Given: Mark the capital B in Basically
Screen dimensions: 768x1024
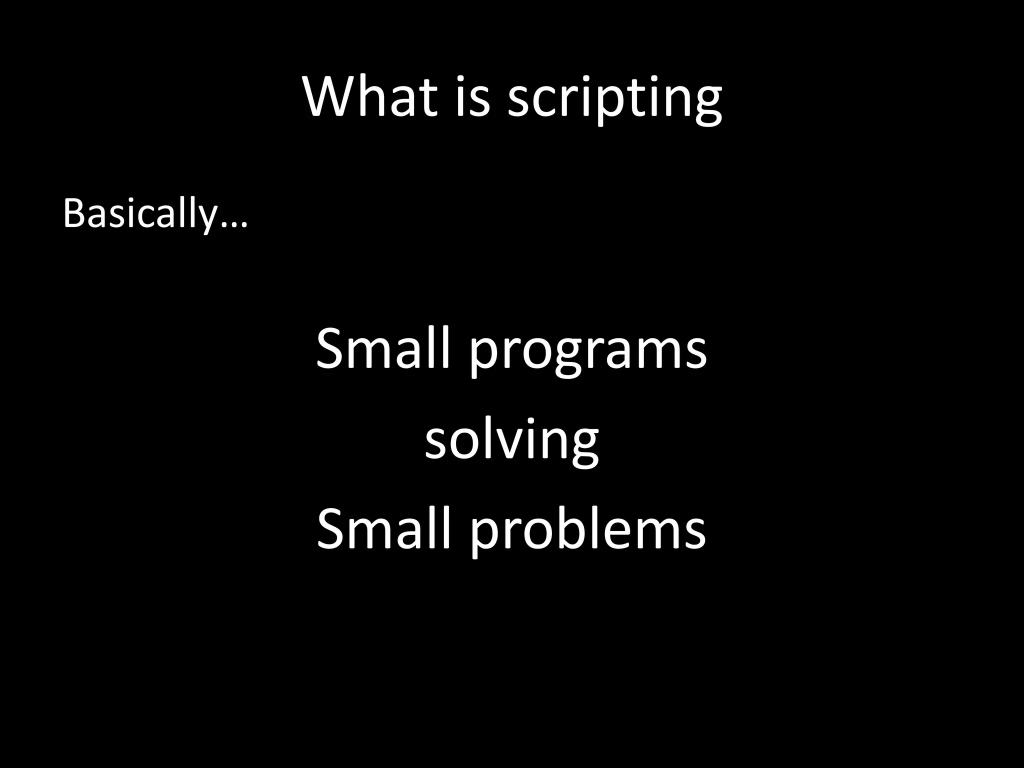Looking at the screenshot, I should coord(73,214).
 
